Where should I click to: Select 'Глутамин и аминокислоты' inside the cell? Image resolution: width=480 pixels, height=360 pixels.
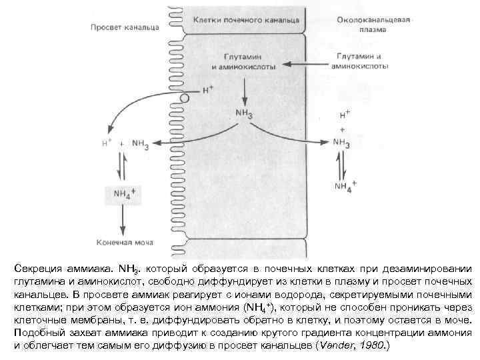[245, 62]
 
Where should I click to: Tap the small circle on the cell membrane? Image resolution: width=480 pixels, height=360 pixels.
[185, 98]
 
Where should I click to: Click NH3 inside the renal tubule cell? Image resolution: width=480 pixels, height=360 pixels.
[244, 114]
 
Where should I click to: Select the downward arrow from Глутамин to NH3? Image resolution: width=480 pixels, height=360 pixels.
[245, 89]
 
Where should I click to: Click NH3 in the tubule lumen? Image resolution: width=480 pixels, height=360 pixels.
[141, 143]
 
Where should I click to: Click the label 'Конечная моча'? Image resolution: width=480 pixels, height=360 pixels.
[123, 241]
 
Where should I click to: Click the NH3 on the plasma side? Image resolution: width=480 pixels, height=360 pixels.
[341, 143]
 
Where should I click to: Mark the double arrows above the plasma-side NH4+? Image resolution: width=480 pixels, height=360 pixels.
[342, 164]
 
